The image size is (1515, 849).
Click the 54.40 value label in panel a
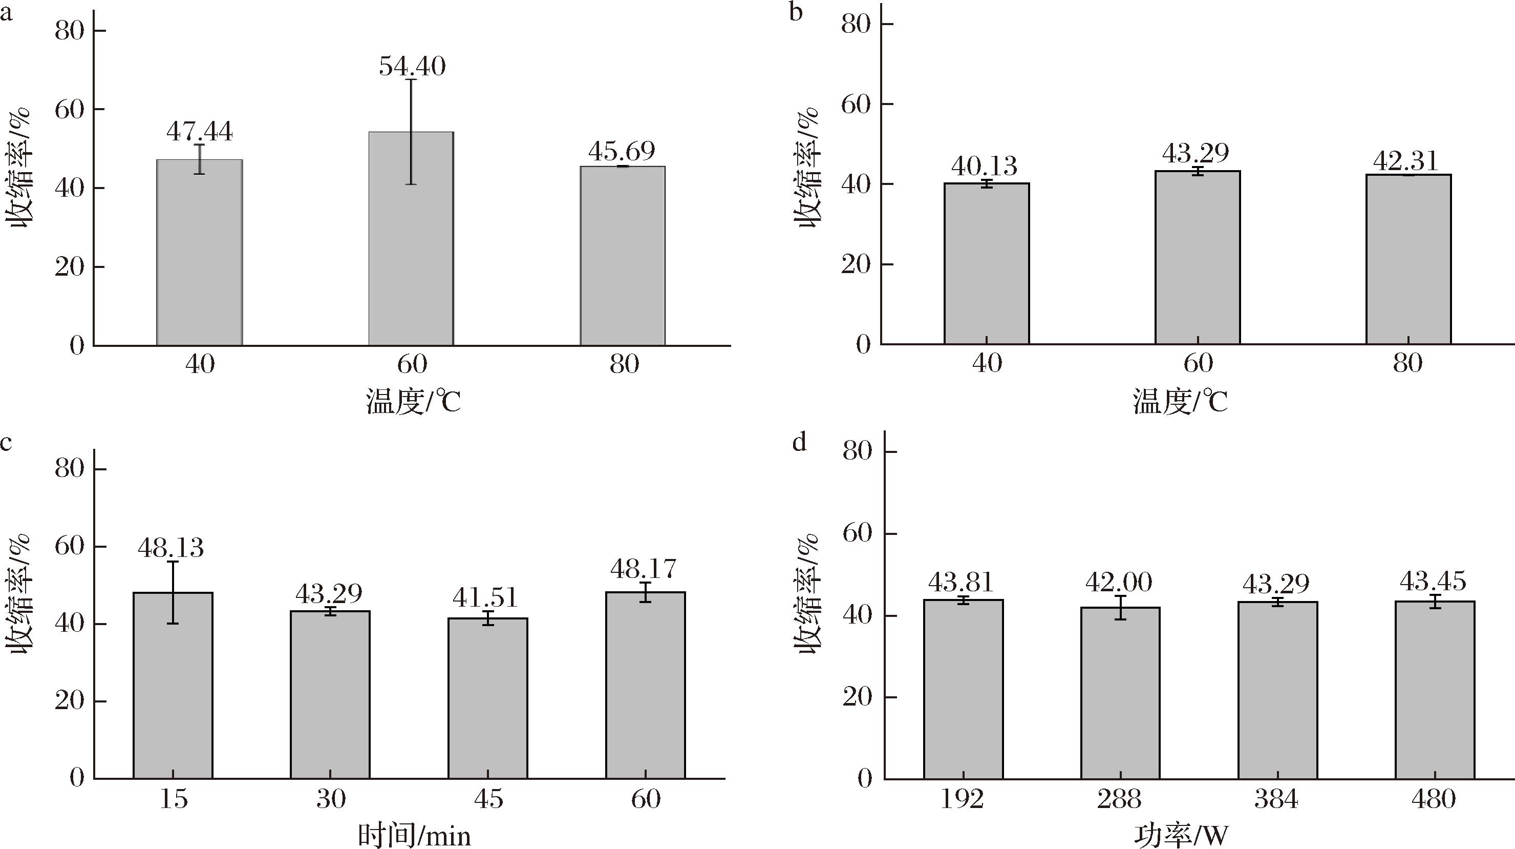412,66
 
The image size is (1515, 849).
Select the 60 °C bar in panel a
411,238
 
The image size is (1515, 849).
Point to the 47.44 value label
199,132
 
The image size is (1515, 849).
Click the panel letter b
796,12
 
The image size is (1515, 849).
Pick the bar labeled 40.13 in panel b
986,263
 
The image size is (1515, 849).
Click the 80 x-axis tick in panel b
1408,364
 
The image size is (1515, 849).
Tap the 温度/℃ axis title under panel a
413,402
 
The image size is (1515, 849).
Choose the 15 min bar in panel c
173,686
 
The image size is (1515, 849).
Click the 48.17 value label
644,569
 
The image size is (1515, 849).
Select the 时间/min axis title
415,836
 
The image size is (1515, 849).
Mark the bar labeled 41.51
487,698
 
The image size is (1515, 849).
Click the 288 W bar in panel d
1120,693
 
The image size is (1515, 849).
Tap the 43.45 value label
1433,582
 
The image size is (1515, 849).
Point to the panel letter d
799,441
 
